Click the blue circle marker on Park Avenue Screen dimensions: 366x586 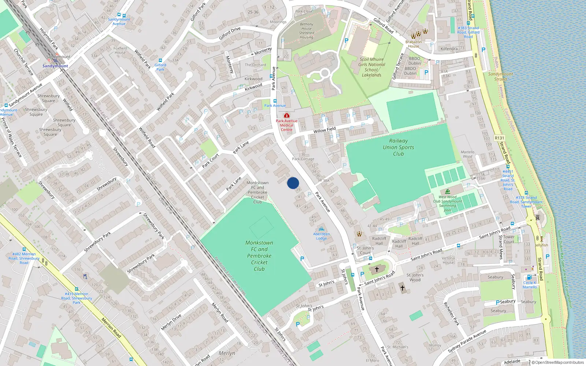tap(293, 183)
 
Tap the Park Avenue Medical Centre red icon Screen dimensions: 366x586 tap(287, 115)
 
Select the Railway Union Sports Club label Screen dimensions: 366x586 tap(398, 147)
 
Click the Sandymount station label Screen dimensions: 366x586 tap(55, 66)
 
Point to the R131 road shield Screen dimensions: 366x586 tap(499, 138)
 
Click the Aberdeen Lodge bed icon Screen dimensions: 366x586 tap(322, 229)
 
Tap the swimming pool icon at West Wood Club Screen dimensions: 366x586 tap(448, 192)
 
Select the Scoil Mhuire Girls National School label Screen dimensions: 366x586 tap(372, 67)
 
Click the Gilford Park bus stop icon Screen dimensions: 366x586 tap(160, 60)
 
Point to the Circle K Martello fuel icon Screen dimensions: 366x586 tap(529, 277)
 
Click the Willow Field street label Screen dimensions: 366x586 tap(324, 130)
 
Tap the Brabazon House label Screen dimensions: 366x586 tap(413, 44)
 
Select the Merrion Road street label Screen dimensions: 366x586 tap(111, 328)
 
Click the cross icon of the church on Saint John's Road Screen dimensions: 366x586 tap(377, 269)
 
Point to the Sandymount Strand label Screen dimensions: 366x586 tap(500, 76)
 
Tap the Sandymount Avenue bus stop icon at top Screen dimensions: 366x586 tap(124, 16)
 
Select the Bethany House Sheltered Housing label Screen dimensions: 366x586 tap(307, 31)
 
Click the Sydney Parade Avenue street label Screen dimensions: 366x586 tap(467, 341)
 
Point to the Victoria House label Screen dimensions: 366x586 tap(448, 260)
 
